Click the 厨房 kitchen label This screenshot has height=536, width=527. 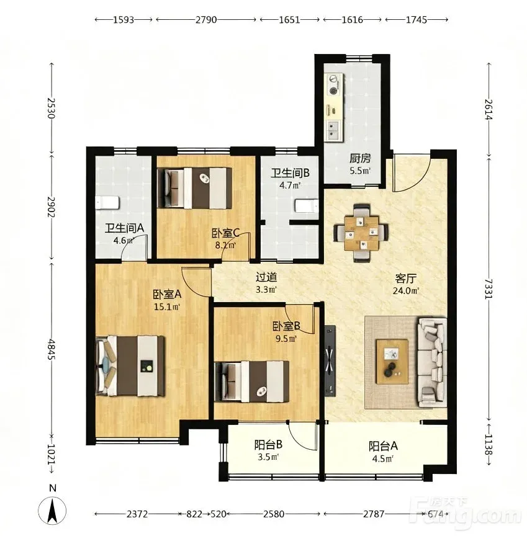360,159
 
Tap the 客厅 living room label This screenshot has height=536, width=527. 405,279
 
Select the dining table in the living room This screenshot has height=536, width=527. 361,233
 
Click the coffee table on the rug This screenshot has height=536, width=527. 392,362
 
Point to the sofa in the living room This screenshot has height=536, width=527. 432,362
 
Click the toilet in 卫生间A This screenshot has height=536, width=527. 107,203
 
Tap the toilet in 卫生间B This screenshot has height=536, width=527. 307,206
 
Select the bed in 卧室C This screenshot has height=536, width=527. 194,188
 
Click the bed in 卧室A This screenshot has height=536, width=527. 130,366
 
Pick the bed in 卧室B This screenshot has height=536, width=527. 251,382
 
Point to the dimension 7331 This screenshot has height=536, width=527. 489,289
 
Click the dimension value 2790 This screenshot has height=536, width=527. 206,20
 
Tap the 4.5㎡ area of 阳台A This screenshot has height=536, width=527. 383,458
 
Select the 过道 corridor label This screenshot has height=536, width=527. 266,277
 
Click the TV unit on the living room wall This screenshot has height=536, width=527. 330,360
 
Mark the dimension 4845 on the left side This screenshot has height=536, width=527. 52,349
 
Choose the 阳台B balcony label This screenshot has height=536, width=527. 268,445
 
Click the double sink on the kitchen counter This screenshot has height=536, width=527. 333,130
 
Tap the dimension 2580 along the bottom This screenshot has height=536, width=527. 274,514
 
